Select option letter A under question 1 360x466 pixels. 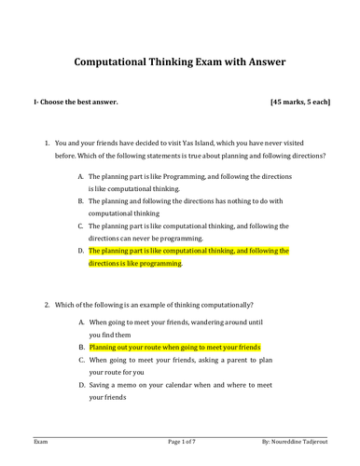coord(80,175)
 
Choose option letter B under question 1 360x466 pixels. coord(80,200)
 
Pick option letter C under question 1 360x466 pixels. coord(80,226)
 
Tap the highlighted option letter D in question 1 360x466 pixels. coord(80,251)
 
